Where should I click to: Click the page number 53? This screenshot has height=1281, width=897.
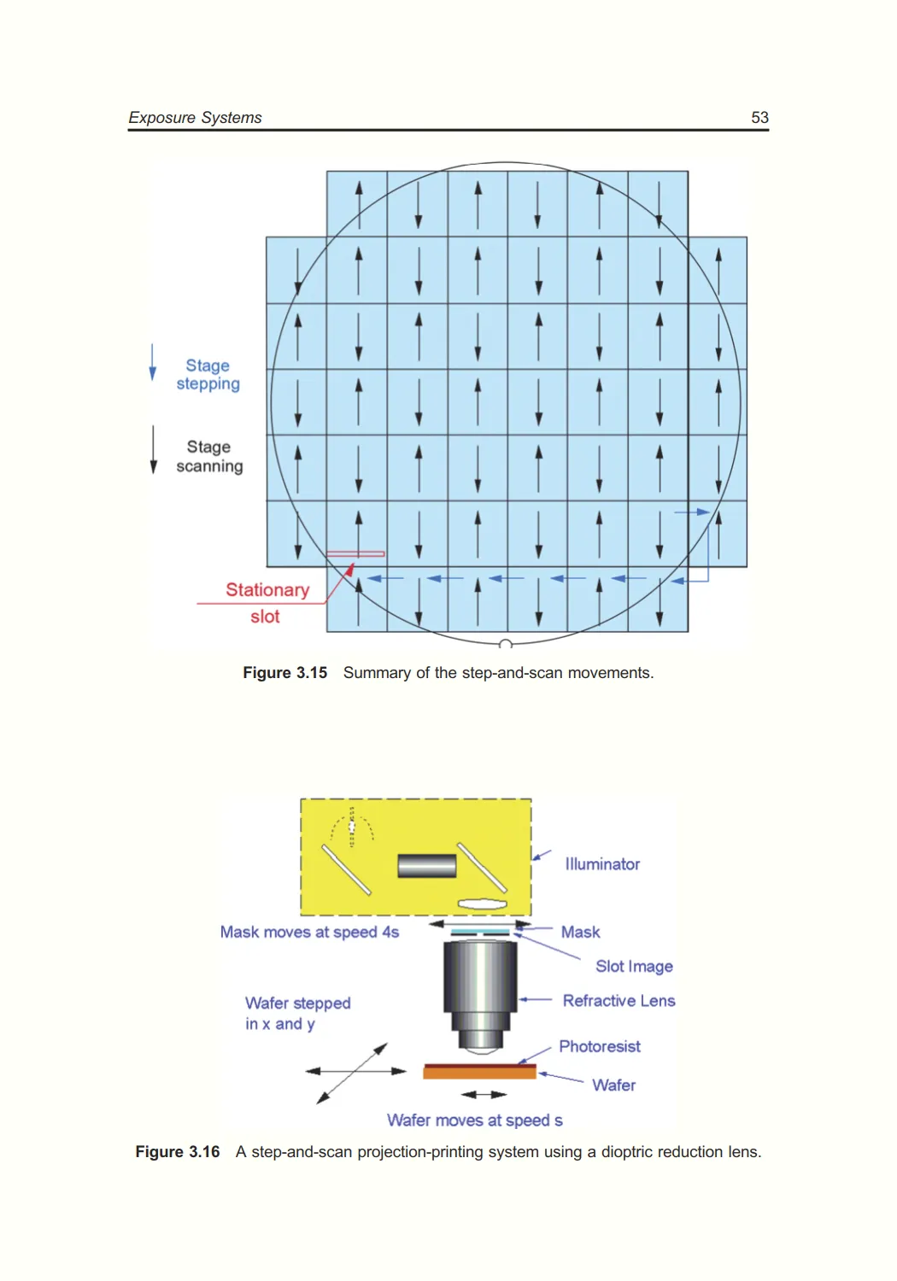coord(759,118)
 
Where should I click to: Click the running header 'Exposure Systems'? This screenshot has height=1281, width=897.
coord(195,118)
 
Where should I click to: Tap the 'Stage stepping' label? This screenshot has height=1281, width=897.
coord(208,375)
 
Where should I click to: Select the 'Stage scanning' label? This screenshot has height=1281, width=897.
coord(209,457)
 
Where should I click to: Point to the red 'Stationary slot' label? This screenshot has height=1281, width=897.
coord(267,602)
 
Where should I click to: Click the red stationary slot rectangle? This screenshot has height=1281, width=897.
coord(355,554)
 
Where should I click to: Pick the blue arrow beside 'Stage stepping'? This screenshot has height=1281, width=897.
coord(153,362)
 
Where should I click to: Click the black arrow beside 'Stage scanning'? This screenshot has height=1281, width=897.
coord(154,449)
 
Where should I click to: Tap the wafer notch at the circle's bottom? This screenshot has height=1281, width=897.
coord(505,644)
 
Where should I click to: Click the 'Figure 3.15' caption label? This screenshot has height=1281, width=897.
coord(284,673)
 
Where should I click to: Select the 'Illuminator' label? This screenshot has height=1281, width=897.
coord(602,864)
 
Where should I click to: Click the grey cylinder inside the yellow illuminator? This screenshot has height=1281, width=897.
coord(427,866)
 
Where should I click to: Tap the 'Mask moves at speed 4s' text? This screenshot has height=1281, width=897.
coord(309,933)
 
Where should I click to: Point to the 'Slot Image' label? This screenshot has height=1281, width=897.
coord(634,967)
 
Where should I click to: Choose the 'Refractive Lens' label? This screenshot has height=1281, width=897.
coord(619,1001)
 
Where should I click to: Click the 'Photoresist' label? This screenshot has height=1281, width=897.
coord(599,1047)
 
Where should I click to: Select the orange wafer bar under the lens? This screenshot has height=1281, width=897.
coord(479,1073)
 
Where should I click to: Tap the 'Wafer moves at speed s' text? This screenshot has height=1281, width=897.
coord(474,1120)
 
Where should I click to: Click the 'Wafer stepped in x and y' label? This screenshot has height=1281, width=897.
coord(297,1014)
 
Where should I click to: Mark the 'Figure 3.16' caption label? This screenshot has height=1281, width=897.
coord(178,1152)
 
